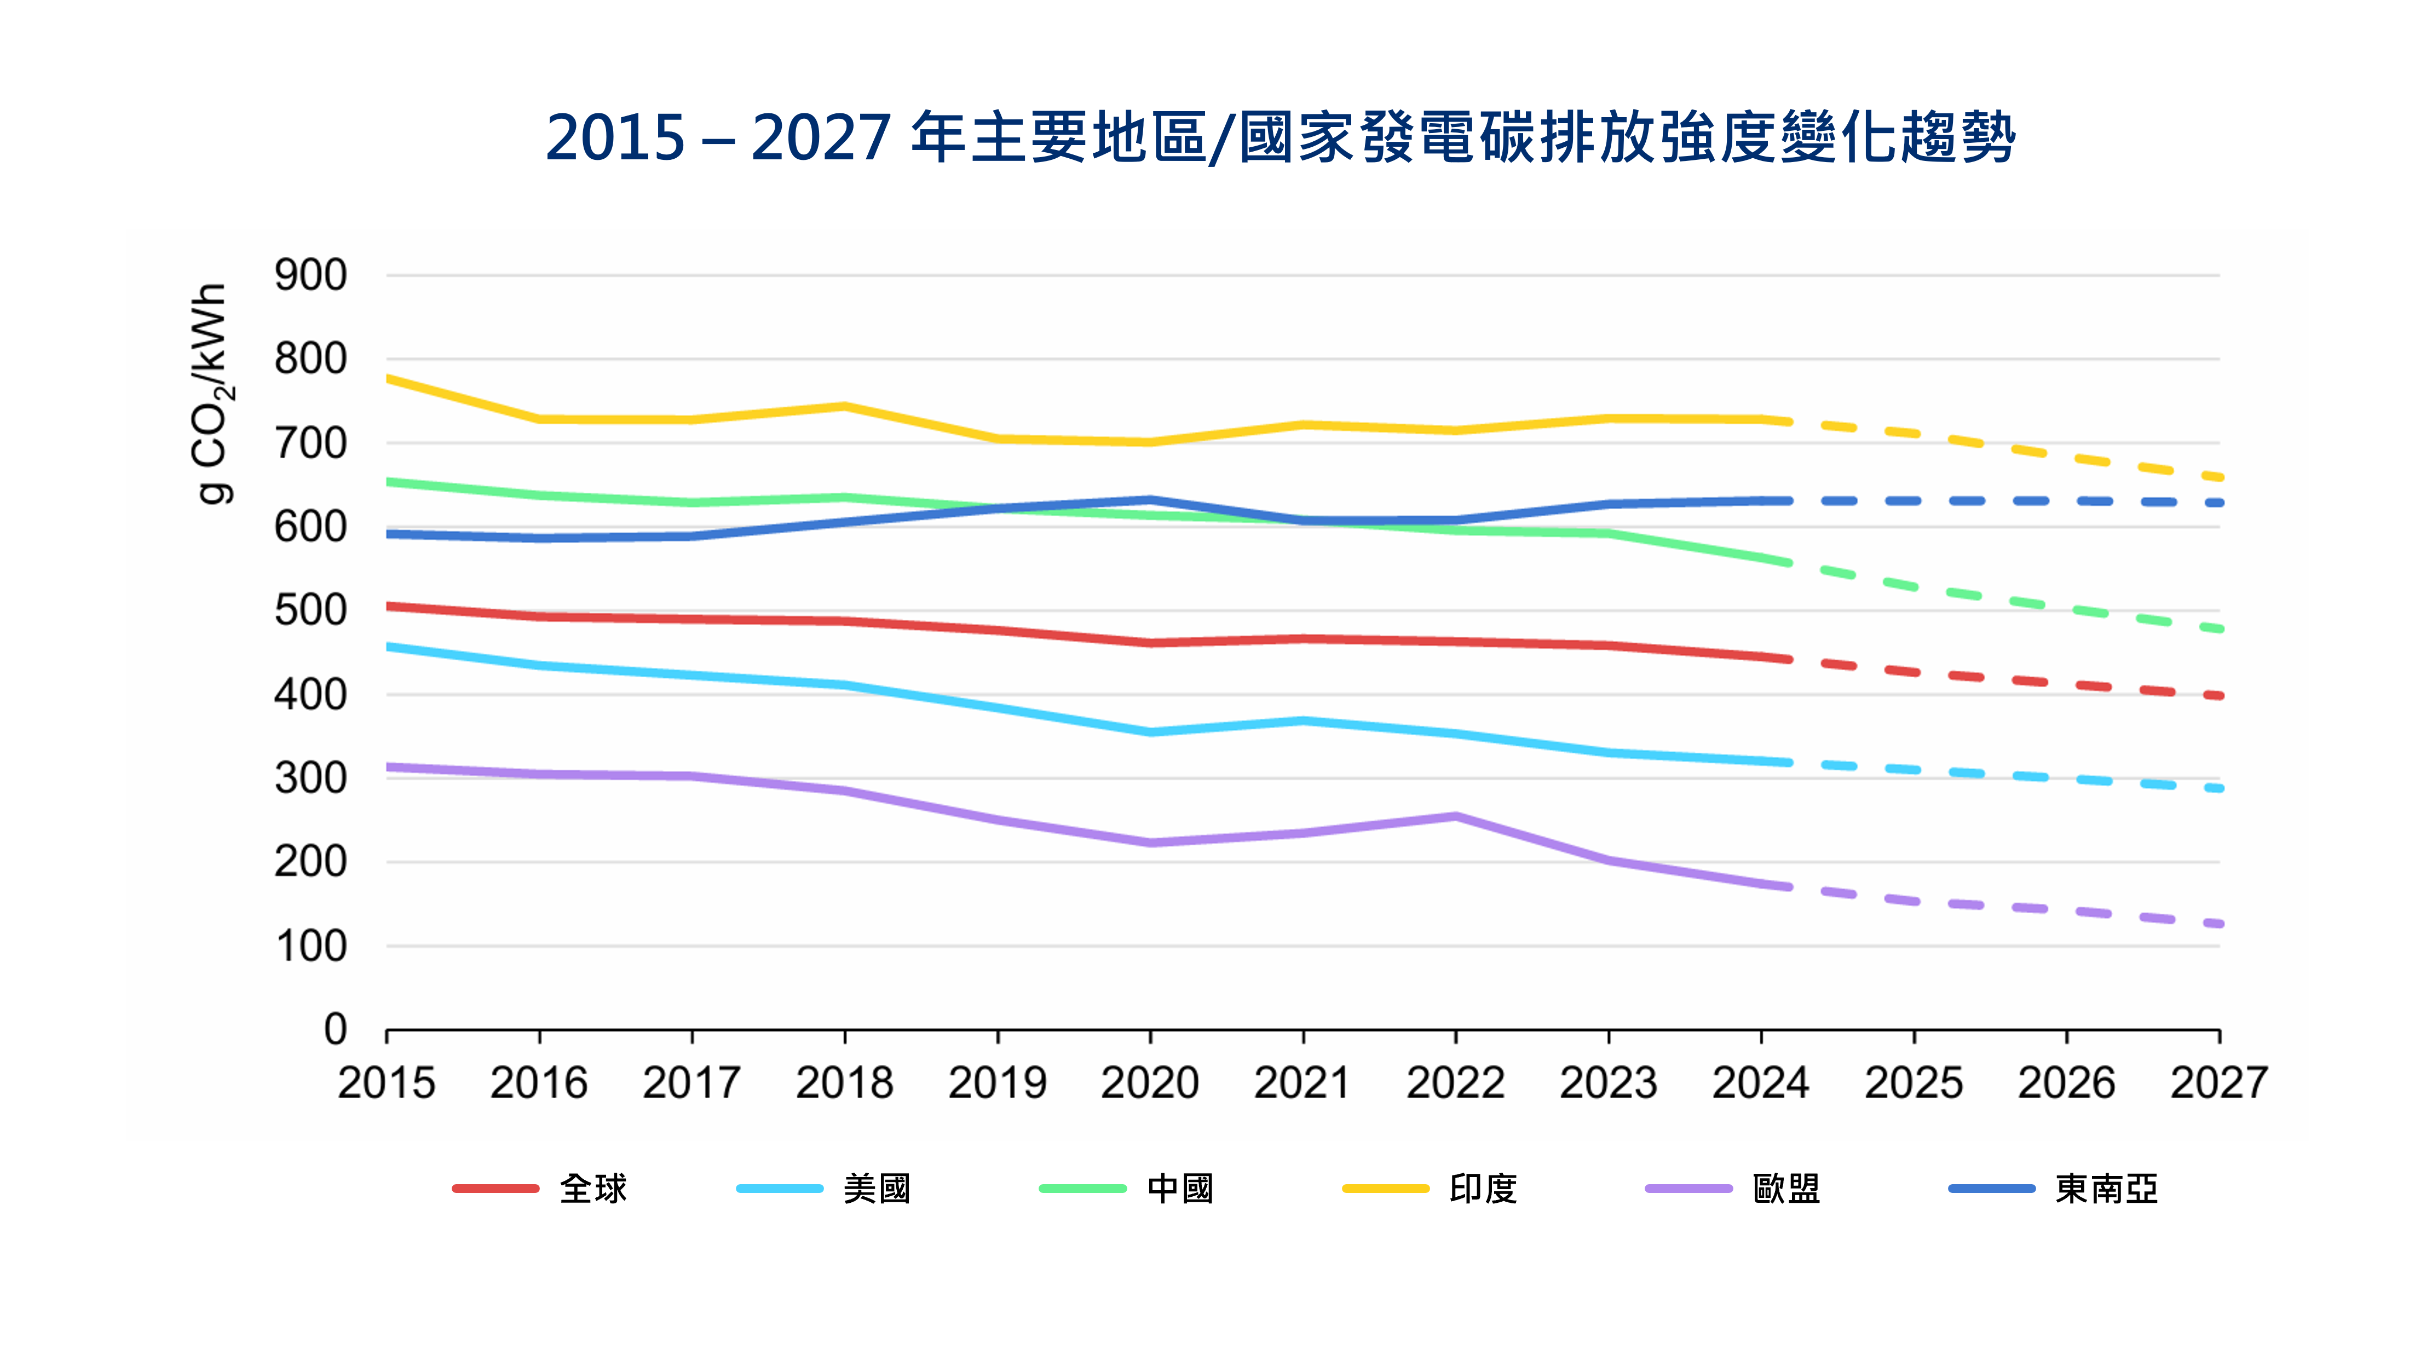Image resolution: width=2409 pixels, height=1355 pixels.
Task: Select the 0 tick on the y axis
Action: [x=335, y=1030]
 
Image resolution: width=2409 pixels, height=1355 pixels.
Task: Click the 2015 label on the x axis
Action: [x=386, y=1083]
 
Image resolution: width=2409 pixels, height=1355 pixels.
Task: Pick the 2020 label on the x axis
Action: [x=1149, y=1083]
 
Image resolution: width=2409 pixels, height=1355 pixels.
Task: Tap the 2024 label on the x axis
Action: [x=1760, y=1083]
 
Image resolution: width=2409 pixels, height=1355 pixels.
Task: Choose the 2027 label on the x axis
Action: [x=2218, y=1083]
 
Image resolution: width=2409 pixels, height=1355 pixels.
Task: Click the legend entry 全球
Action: [x=593, y=1189]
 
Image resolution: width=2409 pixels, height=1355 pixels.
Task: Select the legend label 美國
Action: [x=876, y=1189]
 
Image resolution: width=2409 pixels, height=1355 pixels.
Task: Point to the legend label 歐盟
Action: [x=1785, y=1189]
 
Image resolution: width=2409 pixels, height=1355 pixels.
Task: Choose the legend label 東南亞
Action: [x=2106, y=1189]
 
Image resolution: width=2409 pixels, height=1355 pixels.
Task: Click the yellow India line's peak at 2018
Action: [x=844, y=406]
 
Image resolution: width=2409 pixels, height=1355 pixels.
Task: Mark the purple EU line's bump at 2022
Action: [x=1455, y=816]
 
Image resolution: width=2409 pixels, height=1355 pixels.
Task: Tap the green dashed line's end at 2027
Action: [x=2218, y=630]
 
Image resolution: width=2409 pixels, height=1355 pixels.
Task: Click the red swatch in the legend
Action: [x=495, y=1189]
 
